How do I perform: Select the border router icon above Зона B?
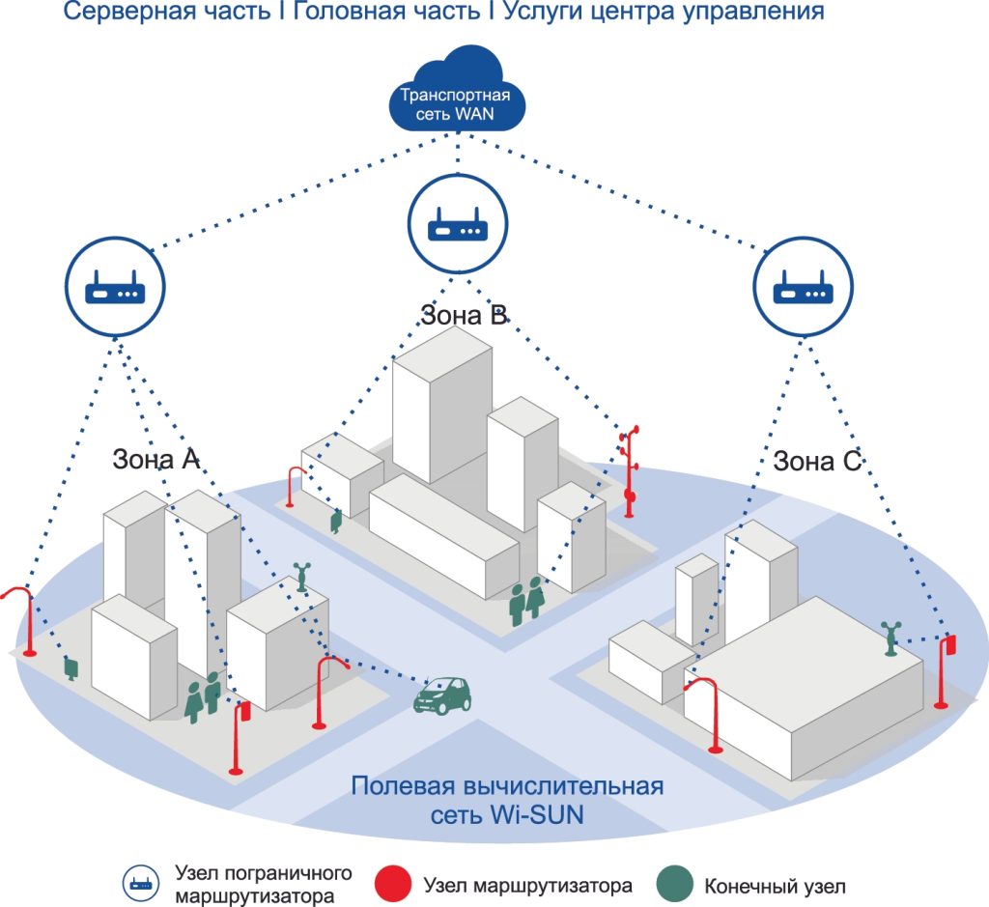[x=457, y=224]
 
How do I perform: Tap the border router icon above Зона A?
[x=115, y=286]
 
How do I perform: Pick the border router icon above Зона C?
[x=803, y=286]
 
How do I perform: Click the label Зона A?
[x=155, y=459]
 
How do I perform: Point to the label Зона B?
[x=464, y=315]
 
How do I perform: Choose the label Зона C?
[x=817, y=461]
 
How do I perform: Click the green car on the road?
[x=442, y=695]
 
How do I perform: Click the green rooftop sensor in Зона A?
[x=302, y=577]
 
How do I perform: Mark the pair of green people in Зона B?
[x=526, y=601]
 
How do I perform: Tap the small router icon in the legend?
[x=141, y=883]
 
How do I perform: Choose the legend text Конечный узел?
[x=775, y=886]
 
